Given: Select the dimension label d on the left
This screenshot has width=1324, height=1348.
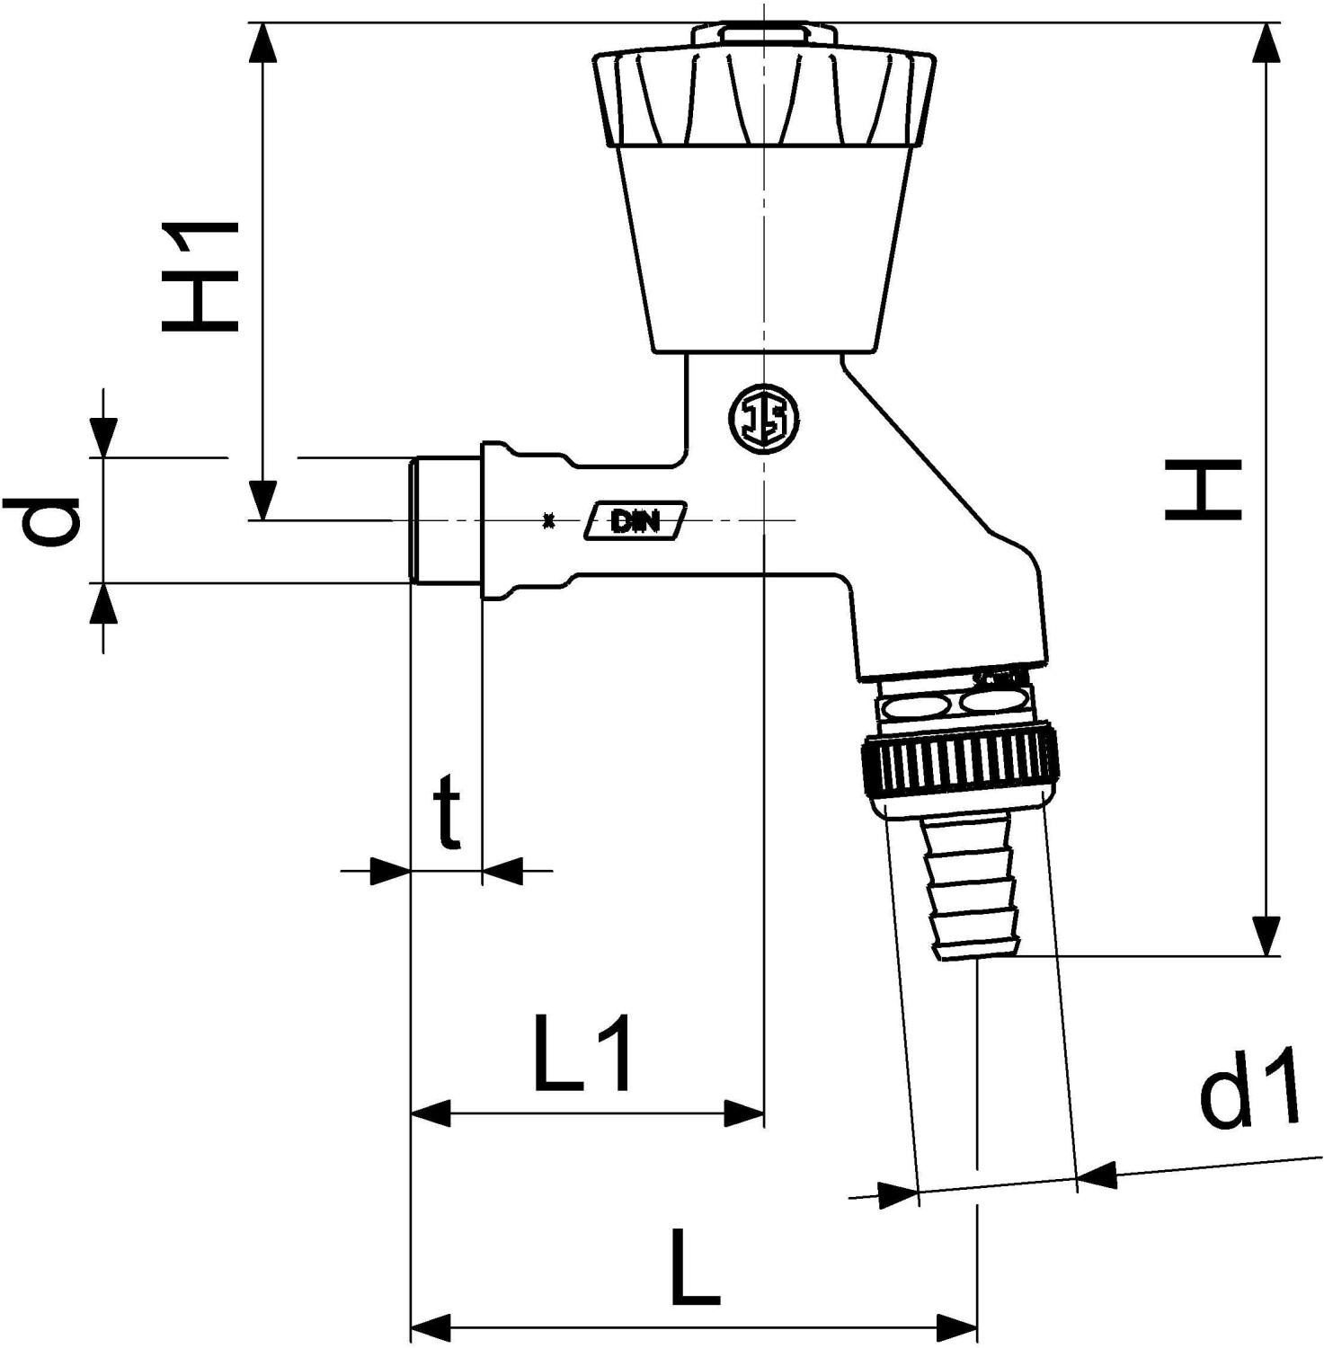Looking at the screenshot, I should [x=42, y=520].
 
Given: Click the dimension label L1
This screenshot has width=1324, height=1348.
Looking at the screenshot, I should [x=583, y=1052].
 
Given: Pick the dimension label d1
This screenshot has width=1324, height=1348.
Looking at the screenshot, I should [x=1250, y=1086].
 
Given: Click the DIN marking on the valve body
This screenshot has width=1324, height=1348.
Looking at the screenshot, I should [x=635, y=520].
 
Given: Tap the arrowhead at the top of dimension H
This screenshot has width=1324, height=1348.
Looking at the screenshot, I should [x=1266, y=40].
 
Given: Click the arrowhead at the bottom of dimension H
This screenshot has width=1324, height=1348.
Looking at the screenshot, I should [x=1266, y=937].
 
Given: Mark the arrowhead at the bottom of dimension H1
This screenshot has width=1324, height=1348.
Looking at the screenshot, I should [x=262, y=501].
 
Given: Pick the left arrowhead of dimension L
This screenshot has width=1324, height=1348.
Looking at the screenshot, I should [x=430, y=1326].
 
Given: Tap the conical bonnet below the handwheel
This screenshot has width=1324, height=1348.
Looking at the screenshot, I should [x=764, y=247].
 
